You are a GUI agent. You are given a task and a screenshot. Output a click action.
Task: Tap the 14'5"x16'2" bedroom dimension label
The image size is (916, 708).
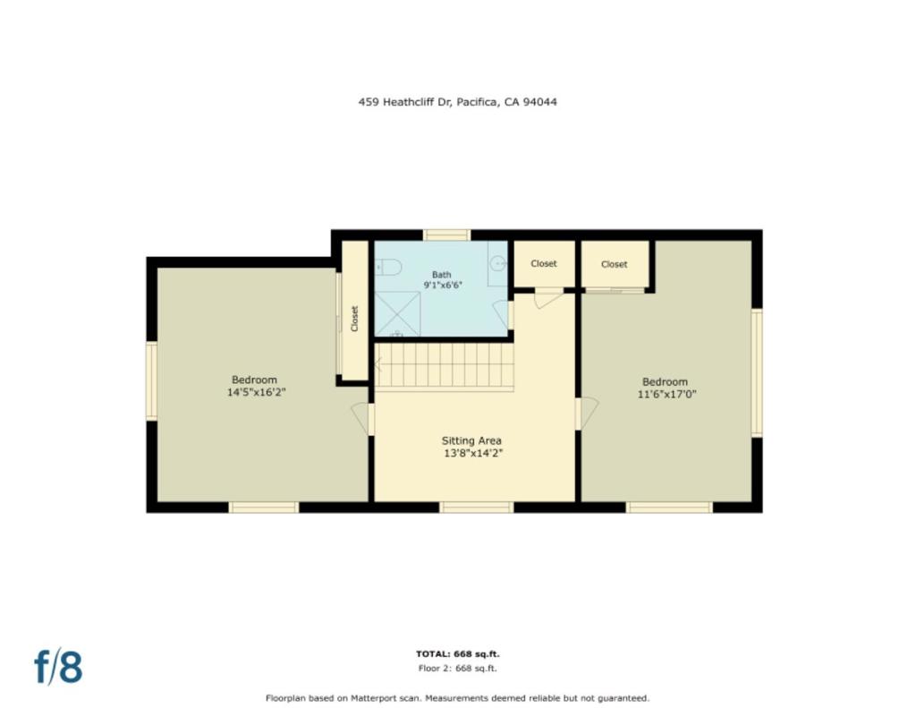(256, 392)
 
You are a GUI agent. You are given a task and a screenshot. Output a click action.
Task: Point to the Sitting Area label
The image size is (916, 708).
(471, 440)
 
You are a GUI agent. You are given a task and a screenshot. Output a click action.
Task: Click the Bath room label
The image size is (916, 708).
(442, 275)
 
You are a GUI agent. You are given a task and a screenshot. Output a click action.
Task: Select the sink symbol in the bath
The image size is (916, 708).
(498, 264)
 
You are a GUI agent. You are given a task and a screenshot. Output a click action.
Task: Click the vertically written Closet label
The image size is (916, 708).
(355, 319)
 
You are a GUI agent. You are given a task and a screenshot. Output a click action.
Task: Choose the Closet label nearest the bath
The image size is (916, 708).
(544, 264)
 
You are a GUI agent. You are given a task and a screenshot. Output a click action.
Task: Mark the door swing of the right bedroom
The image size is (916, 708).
(588, 412)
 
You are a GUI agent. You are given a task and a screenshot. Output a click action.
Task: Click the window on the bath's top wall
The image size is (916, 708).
(446, 235)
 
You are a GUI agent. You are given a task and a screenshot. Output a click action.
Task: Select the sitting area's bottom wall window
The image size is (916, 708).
(476, 508)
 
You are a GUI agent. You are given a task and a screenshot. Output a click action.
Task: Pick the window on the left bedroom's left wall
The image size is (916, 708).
(152, 380)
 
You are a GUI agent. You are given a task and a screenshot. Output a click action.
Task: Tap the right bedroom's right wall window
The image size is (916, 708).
(757, 372)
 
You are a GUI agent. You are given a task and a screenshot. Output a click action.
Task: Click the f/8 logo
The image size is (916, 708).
(58, 667)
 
